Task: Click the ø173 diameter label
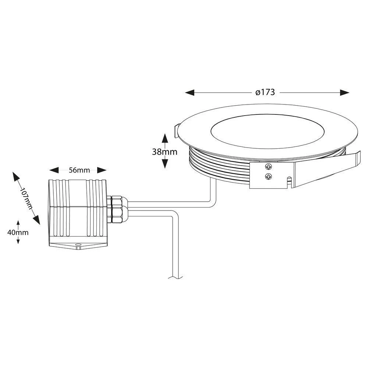click(x=265, y=92)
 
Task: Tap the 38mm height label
click(x=164, y=151)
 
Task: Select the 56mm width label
click(x=79, y=170)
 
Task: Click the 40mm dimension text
click(x=18, y=232)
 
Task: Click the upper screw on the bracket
click(x=269, y=167)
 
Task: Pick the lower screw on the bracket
click(x=269, y=177)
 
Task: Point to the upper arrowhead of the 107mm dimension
click(x=16, y=176)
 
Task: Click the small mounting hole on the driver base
click(x=78, y=244)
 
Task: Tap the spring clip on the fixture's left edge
click(x=176, y=131)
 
